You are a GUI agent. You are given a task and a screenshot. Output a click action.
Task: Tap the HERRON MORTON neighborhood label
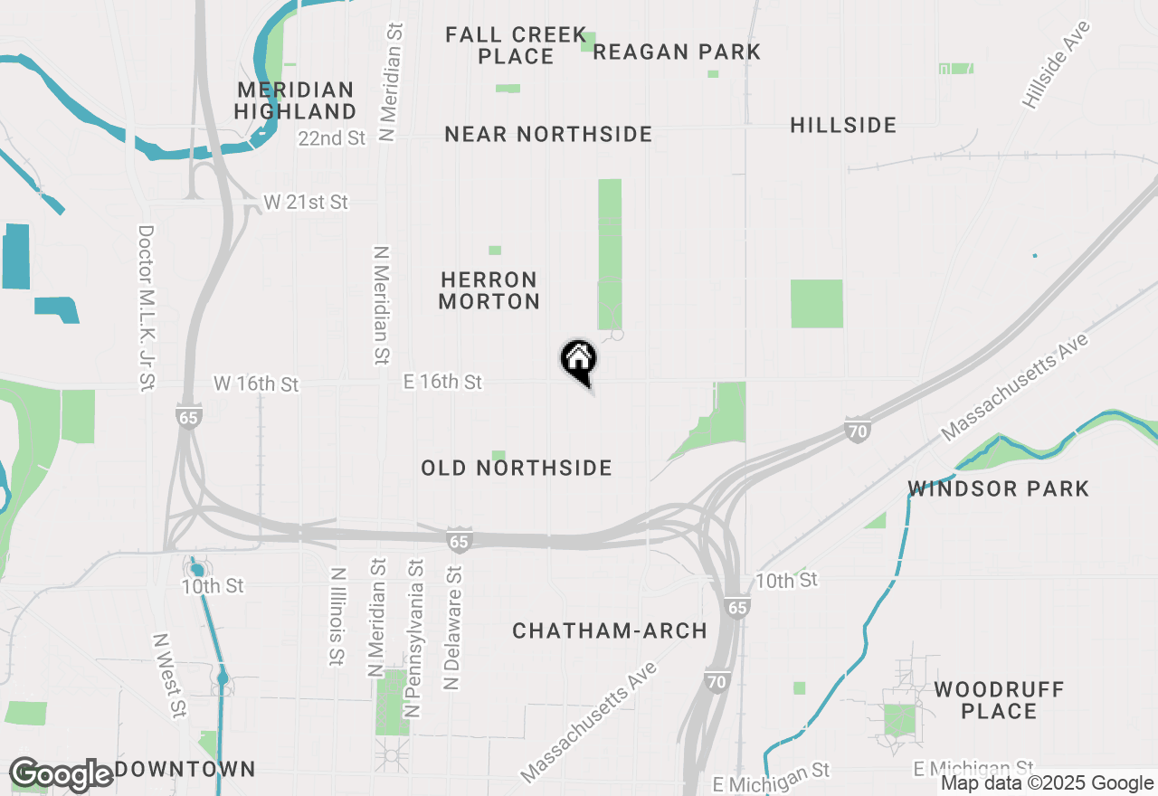click(489, 290)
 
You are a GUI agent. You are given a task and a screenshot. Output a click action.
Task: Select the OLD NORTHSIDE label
click(517, 468)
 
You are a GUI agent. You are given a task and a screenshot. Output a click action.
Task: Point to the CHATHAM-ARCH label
click(610, 630)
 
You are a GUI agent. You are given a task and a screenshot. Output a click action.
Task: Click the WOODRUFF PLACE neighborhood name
click(999, 701)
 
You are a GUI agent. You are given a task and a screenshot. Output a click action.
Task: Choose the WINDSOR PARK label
click(999, 489)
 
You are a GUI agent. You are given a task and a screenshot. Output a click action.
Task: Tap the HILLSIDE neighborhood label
click(843, 125)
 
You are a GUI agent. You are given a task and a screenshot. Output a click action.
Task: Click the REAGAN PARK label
click(677, 52)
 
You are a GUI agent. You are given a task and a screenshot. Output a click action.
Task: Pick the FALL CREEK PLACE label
click(517, 45)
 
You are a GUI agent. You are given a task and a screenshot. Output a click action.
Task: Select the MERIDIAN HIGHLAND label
click(295, 100)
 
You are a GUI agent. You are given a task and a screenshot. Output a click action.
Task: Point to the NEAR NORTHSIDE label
click(548, 135)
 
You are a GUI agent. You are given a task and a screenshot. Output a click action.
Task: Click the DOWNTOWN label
click(185, 770)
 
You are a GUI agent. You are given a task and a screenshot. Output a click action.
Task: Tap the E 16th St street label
click(442, 382)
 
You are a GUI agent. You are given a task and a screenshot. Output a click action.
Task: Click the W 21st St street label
click(306, 202)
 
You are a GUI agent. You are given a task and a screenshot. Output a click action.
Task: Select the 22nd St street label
click(331, 138)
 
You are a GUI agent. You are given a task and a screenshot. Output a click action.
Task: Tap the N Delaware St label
click(452, 628)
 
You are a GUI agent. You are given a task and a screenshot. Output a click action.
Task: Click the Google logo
click(62, 774)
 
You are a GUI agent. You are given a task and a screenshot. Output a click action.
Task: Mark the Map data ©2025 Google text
click(1047, 783)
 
